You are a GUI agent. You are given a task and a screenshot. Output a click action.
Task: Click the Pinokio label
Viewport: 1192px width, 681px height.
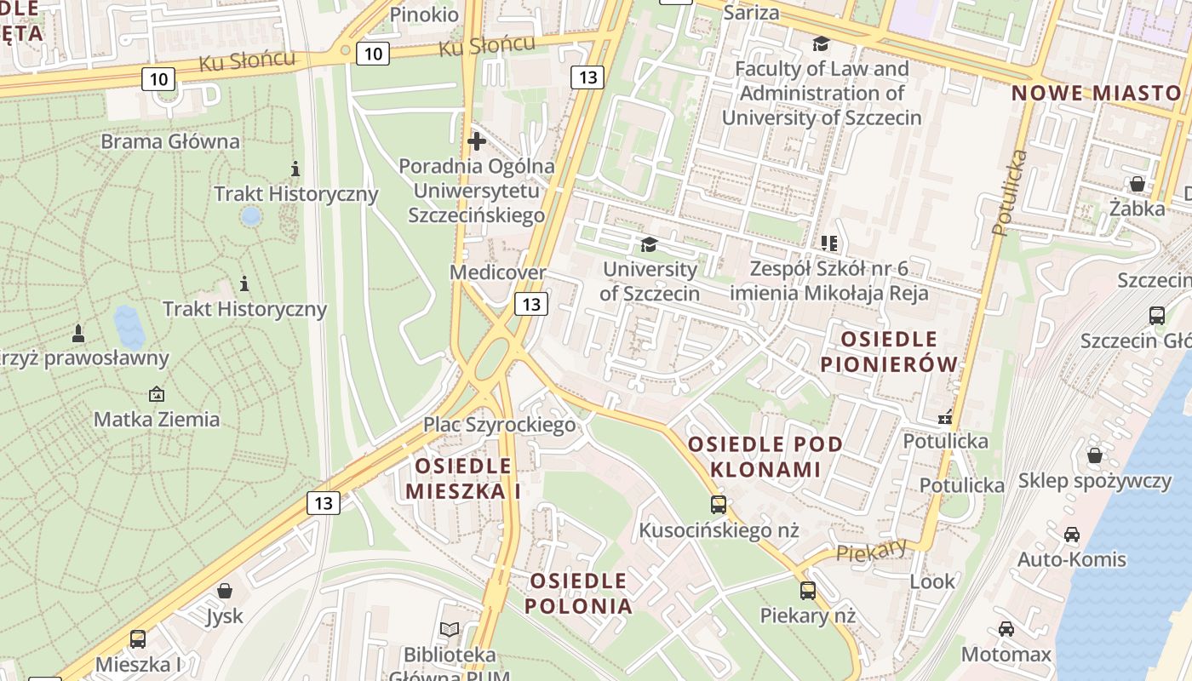click(x=423, y=14)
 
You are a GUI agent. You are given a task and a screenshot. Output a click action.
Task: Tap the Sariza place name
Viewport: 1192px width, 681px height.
click(x=751, y=12)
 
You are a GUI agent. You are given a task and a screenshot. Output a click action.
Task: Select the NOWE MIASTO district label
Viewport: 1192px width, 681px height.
click(x=1097, y=93)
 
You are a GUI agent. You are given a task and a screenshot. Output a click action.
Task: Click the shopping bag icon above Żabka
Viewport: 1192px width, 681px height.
click(x=1137, y=184)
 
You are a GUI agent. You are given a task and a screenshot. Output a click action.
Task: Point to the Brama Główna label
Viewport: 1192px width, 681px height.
click(x=170, y=141)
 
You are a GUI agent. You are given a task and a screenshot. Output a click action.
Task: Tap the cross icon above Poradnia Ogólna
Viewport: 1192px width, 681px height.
click(x=476, y=140)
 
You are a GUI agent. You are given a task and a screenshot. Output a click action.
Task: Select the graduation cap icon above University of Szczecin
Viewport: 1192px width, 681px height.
click(x=650, y=245)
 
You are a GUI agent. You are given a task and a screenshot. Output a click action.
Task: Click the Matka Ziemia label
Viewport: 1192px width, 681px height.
click(x=157, y=419)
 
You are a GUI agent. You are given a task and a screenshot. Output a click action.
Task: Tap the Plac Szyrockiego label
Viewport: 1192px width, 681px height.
click(x=500, y=424)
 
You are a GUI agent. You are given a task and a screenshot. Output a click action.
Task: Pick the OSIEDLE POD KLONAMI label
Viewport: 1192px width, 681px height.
click(x=765, y=456)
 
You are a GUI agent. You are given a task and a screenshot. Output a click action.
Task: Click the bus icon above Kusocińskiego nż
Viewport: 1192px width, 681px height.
click(x=719, y=505)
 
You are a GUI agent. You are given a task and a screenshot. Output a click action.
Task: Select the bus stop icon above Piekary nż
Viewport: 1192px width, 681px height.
click(x=807, y=590)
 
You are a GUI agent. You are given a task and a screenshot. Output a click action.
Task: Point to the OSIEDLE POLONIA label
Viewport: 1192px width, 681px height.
click(x=579, y=593)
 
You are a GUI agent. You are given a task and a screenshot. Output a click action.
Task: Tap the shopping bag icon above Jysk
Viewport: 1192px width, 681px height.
click(x=225, y=591)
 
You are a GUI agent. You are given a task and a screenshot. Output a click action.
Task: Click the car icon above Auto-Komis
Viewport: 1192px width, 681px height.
click(x=1072, y=535)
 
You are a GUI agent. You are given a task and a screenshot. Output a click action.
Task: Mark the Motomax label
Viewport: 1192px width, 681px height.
click(x=1006, y=654)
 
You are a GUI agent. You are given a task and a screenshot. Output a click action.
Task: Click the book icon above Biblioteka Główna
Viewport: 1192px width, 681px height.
click(x=450, y=630)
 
